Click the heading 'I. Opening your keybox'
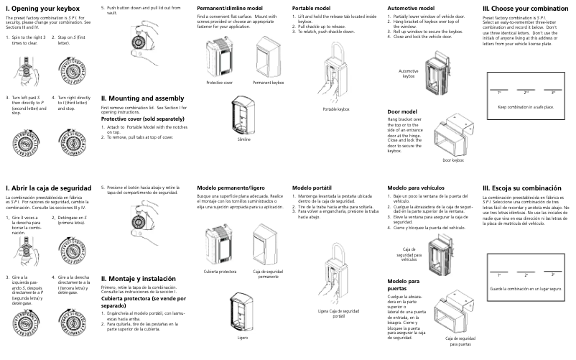(42, 8)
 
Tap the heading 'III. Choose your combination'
(526, 8)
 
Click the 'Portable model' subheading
(312, 7)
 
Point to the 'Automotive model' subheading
(412, 7)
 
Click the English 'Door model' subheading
(402, 112)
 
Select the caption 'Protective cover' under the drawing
(220, 83)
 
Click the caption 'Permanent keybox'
(269, 83)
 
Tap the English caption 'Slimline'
(244, 139)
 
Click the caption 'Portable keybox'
(335, 109)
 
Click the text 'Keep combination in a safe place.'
(526, 106)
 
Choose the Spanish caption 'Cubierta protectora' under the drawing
(219, 272)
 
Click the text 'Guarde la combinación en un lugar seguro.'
(526, 288)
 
